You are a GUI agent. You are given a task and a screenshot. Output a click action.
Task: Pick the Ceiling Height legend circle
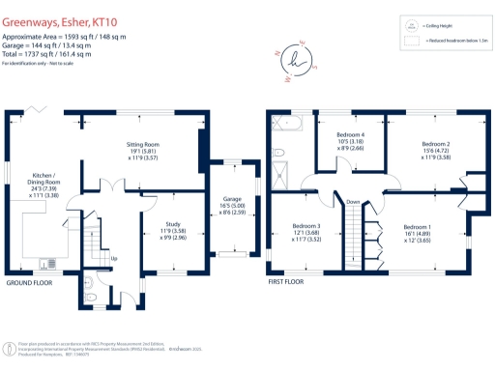coord(410,25)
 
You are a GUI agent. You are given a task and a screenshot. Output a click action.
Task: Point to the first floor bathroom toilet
coord(277,152)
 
